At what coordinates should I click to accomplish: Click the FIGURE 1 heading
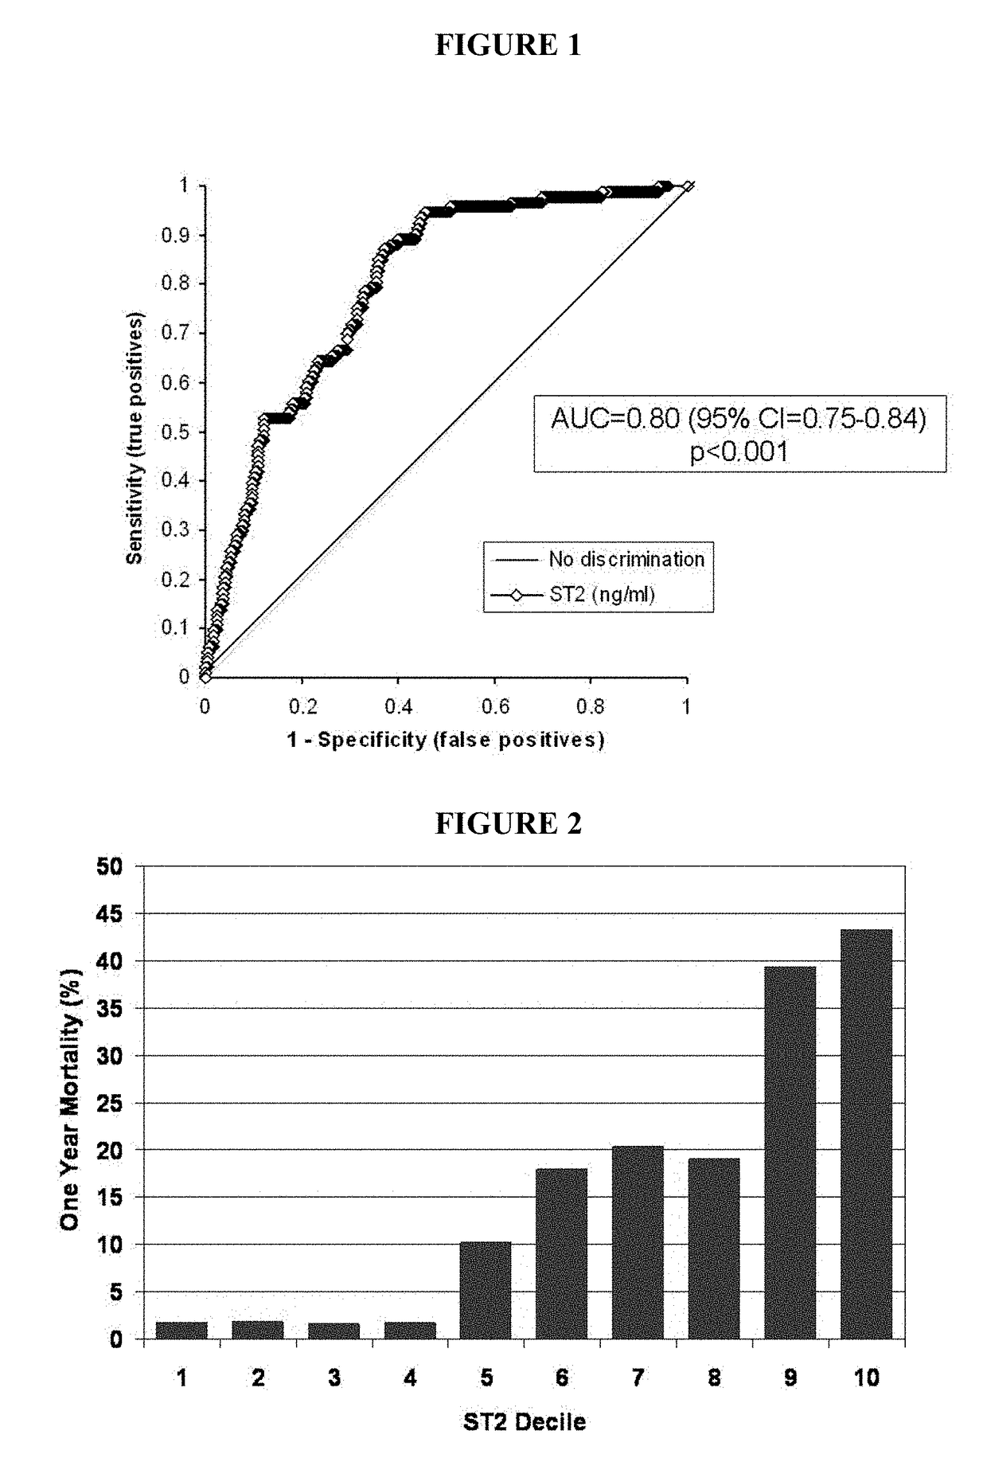(508, 45)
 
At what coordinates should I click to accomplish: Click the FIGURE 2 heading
(508, 823)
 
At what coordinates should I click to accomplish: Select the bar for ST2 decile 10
(866, 1134)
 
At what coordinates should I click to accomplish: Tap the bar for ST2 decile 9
(790, 1152)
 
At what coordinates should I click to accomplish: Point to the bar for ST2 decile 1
(181, 1331)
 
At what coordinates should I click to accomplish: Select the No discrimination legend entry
(626, 559)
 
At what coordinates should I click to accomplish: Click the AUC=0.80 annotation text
(739, 418)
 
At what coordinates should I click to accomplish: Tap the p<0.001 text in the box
(739, 452)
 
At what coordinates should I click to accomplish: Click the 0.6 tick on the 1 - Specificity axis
(494, 707)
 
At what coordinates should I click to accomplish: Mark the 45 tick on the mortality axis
(111, 914)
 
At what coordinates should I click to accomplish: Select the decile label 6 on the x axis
(562, 1378)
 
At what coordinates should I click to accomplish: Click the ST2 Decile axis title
(524, 1422)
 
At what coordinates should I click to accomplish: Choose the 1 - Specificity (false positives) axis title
(446, 740)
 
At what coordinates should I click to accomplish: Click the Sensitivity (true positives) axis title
(135, 438)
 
